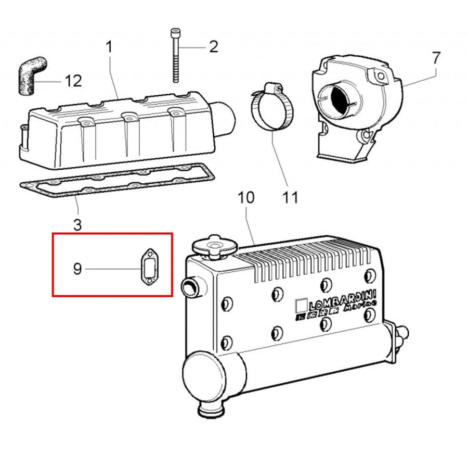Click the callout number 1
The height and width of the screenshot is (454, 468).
[109, 47]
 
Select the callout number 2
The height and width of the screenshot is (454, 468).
[214, 47]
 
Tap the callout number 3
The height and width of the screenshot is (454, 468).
[77, 225]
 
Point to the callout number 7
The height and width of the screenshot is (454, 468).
[436, 58]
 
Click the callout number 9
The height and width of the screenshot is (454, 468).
[77, 269]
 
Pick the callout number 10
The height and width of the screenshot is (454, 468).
[246, 197]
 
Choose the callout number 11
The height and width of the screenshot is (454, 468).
[290, 197]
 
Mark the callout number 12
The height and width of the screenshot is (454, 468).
[73, 81]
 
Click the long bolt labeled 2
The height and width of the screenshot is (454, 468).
[176, 55]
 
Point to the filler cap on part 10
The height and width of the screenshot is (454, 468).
[215, 247]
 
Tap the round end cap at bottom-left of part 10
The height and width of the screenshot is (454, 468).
[204, 376]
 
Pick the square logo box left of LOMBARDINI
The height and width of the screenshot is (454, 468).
[301, 306]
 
